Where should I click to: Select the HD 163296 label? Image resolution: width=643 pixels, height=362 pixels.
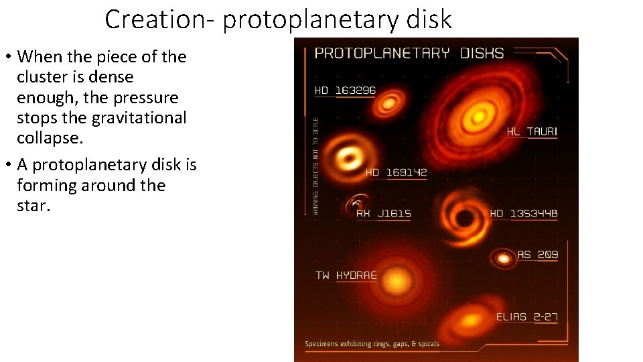pyautogui.click(x=346, y=90)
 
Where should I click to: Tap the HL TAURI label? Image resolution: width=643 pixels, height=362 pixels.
pyautogui.click(x=532, y=131)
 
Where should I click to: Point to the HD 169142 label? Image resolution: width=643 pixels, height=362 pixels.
pyautogui.click(x=396, y=172)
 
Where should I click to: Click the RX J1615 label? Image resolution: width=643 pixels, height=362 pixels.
pyautogui.click(x=383, y=213)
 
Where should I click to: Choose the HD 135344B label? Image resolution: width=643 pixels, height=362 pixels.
pyautogui.click(x=524, y=213)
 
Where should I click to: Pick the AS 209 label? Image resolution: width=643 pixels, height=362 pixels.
pyautogui.click(x=537, y=255)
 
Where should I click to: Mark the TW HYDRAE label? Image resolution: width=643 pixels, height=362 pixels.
pyautogui.click(x=346, y=276)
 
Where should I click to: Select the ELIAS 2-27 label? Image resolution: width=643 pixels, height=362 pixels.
pyautogui.click(x=527, y=317)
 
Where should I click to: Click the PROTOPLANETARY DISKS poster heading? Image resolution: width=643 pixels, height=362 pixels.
pyautogui.click(x=409, y=53)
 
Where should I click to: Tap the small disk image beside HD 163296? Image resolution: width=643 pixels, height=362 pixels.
pyautogui.click(x=386, y=104)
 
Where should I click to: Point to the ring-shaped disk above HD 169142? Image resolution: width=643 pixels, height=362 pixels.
pyautogui.click(x=348, y=158)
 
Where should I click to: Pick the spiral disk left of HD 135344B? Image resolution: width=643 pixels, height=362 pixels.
pyautogui.click(x=462, y=216)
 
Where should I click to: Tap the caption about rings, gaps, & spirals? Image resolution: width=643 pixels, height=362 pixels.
pyautogui.click(x=372, y=344)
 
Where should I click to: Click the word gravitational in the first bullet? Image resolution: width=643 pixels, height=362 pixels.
pyautogui.click(x=143, y=118)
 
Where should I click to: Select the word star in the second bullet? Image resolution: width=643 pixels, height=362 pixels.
pyautogui.click(x=33, y=205)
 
